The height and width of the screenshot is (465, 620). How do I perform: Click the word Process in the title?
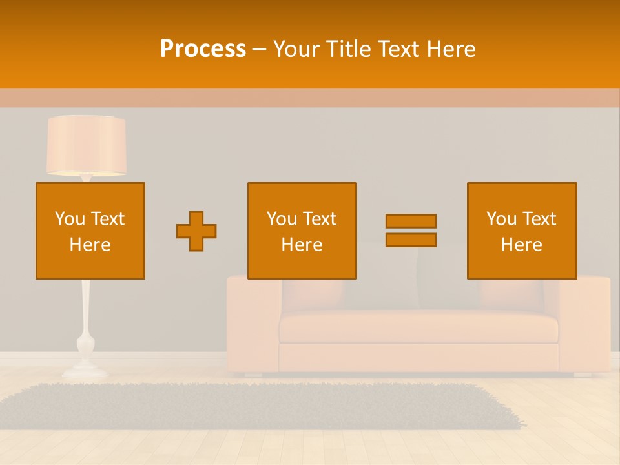pyautogui.click(x=203, y=49)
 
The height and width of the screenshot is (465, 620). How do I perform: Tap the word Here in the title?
pyautogui.click(x=451, y=49)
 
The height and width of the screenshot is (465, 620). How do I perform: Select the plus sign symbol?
pyautogui.click(x=196, y=231)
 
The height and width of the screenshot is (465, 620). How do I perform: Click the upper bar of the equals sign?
pyautogui.click(x=411, y=221)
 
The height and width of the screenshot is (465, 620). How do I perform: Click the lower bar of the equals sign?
pyautogui.click(x=411, y=240)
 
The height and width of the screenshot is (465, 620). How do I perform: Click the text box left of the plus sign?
pyautogui.click(x=90, y=231)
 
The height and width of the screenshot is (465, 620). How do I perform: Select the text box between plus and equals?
pyautogui.click(x=302, y=231)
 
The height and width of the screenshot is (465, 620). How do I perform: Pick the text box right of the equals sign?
pyautogui.click(x=521, y=231)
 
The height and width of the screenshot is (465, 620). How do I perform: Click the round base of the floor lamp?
pyautogui.click(x=85, y=371)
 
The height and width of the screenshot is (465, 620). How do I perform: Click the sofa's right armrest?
pyautogui.click(x=584, y=323)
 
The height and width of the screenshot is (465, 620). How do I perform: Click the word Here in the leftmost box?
pyautogui.click(x=90, y=245)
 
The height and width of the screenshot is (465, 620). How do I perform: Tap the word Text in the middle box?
pyautogui.click(x=320, y=219)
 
